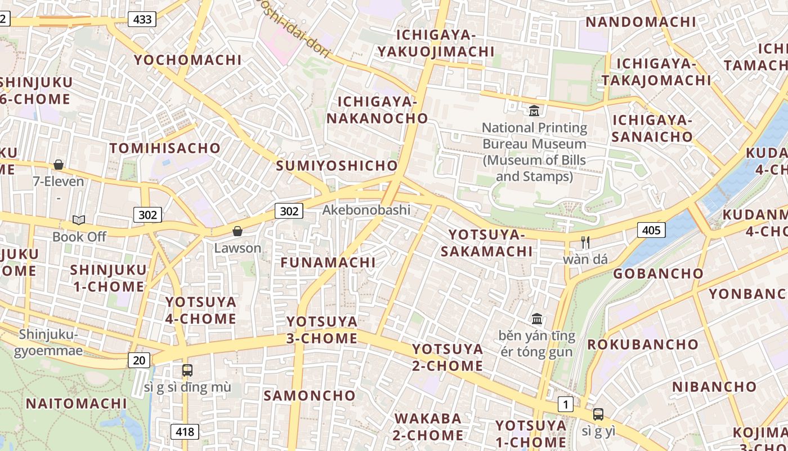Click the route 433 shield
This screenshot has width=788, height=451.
point(142,19)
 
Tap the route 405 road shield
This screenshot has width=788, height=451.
point(651,229)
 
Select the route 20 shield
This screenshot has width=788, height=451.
point(138,360)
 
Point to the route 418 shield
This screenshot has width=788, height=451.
point(185,432)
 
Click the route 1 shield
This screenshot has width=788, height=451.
point(565,404)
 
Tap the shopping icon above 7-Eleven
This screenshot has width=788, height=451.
point(59,165)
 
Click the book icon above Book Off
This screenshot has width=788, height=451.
point(79,220)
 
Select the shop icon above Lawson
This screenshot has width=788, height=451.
point(238,231)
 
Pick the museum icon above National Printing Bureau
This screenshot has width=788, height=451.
point(534,110)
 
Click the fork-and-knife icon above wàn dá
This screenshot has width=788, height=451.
point(585,242)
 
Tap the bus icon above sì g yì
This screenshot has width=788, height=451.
point(598,414)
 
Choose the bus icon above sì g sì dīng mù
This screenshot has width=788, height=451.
point(187,370)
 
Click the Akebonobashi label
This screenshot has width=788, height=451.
point(366,210)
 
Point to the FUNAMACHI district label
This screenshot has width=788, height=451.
point(328,262)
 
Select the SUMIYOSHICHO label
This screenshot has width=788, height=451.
point(337,166)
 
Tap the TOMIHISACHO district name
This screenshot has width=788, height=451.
point(165,148)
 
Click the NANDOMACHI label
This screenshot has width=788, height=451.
point(641,22)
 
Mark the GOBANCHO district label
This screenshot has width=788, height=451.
point(658,273)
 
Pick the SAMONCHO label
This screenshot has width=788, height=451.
point(310,395)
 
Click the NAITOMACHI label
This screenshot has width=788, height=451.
point(77,404)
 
